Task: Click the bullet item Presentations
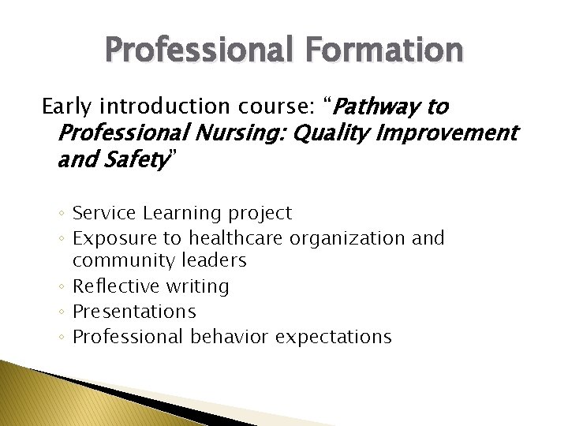tap(134, 312)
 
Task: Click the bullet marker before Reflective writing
tap(62, 286)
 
